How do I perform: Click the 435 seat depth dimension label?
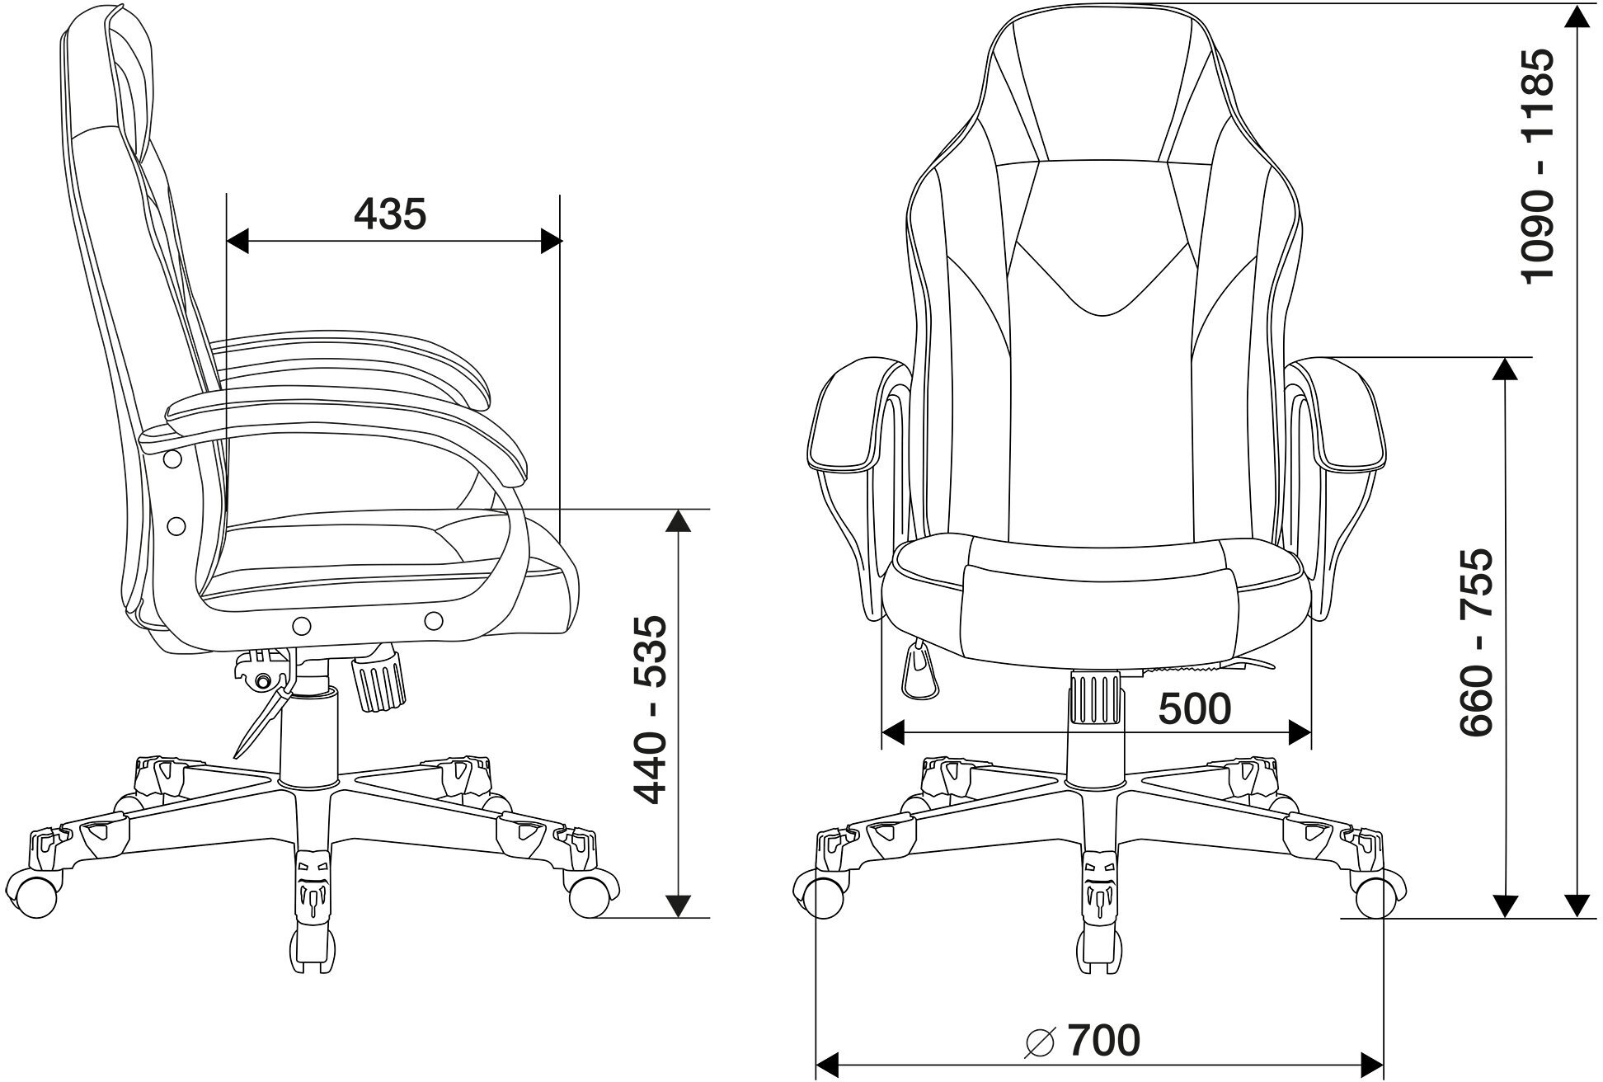pyautogui.click(x=390, y=214)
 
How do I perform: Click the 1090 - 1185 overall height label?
pyautogui.click(x=1538, y=165)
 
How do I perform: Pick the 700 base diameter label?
pyautogui.click(x=1103, y=1041)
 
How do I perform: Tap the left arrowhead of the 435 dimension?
pyautogui.click(x=237, y=242)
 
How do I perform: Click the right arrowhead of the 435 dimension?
pyautogui.click(x=551, y=242)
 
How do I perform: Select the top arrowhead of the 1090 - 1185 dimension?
pyautogui.click(x=1577, y=18)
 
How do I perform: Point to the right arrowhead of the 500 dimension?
pyautogui.click(x=1300, y=732)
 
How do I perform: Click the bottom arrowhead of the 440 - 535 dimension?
pyautogui.click(x=678, y=905)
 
